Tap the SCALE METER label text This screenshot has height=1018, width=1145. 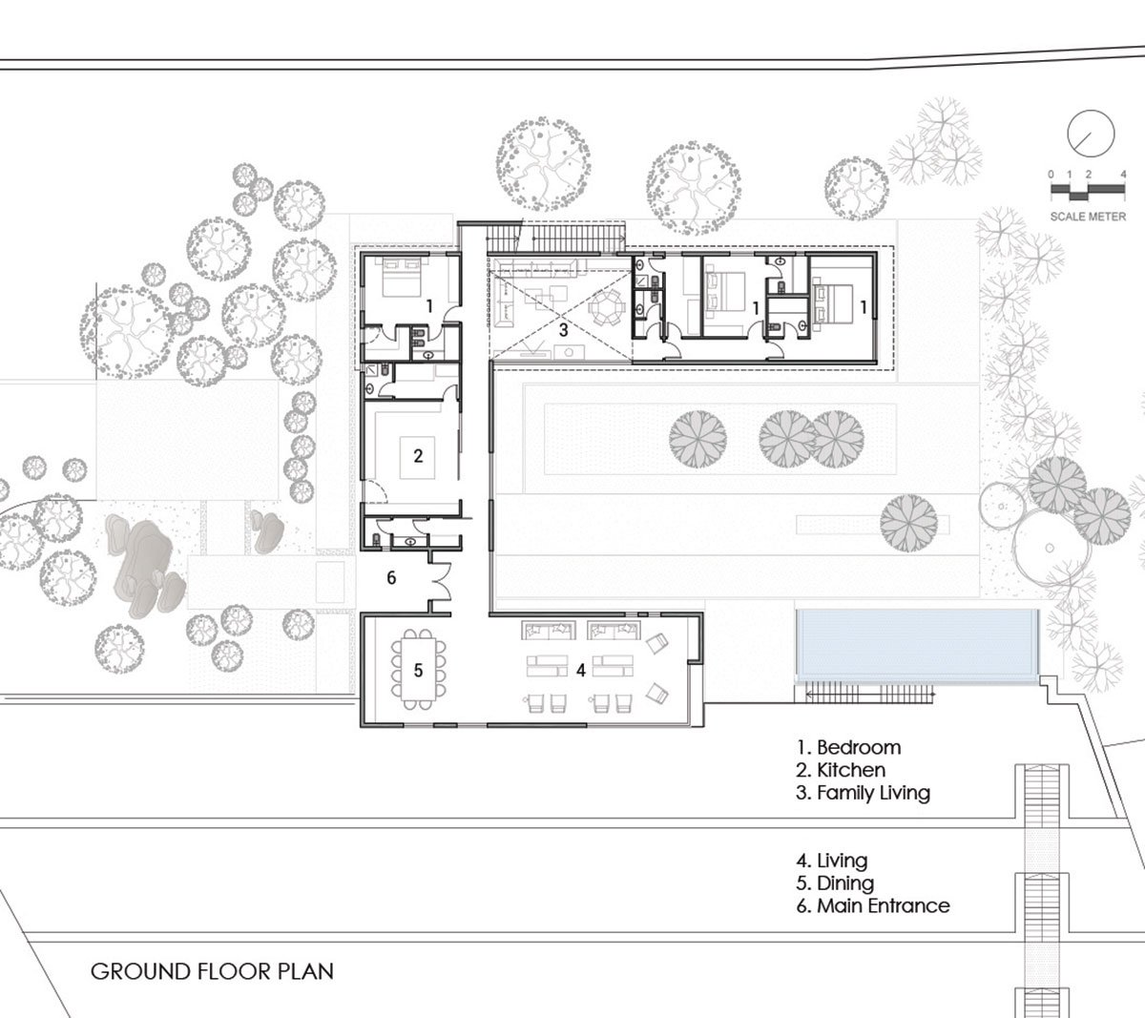coord(1087,217)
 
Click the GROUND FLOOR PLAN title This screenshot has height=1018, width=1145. coord(212,972)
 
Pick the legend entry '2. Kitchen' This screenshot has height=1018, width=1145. coord(842,770)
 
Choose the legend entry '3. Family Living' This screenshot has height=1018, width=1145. coord(864,793)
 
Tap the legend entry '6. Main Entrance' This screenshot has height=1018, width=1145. coord(873,905)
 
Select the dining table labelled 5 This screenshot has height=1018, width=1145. coord(418,669)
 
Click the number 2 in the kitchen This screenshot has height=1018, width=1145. coord(418,455)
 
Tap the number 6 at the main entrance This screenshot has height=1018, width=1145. coord(391,577)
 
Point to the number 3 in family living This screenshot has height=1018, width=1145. coord(563,330)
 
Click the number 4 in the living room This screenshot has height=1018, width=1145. coord(580,671)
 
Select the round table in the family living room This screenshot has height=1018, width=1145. coord(603,309)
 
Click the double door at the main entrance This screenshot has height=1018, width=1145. coord(441,578)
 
